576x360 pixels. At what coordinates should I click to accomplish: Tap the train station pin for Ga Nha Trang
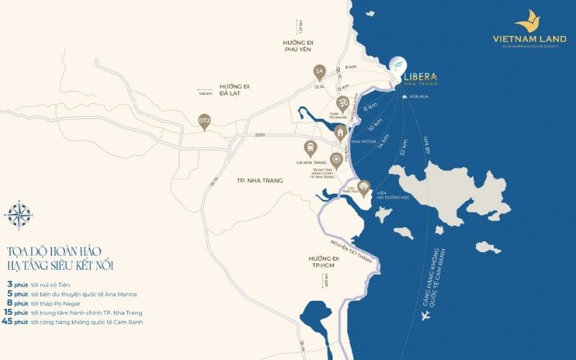tap(310, 148)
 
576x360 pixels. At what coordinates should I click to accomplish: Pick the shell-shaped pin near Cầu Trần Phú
tap(365, 189)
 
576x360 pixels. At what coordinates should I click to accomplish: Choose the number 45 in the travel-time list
tap(9, 322)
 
